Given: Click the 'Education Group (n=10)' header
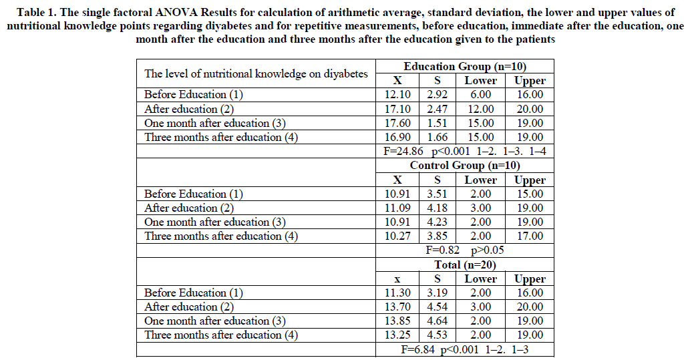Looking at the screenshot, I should pos(464,66).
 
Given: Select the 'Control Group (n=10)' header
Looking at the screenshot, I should pos(464,165).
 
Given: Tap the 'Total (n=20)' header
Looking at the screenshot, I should pos(464,264).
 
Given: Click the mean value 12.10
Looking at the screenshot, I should pos(397,95).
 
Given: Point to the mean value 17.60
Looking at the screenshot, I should pos(397,123).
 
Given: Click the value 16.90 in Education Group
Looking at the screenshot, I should pos(397,137).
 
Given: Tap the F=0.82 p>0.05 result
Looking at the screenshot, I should pos(464,250).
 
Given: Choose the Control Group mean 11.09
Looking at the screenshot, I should pos(397,208).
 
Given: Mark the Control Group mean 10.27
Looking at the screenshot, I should pos(397,236).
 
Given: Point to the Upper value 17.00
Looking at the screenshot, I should pos(530,236).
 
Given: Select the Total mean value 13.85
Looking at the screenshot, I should pos(397,321).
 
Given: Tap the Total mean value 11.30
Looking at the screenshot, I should pos(397,293).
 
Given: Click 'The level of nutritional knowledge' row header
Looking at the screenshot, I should pos(256,73).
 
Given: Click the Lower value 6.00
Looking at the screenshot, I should pos(481,95).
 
